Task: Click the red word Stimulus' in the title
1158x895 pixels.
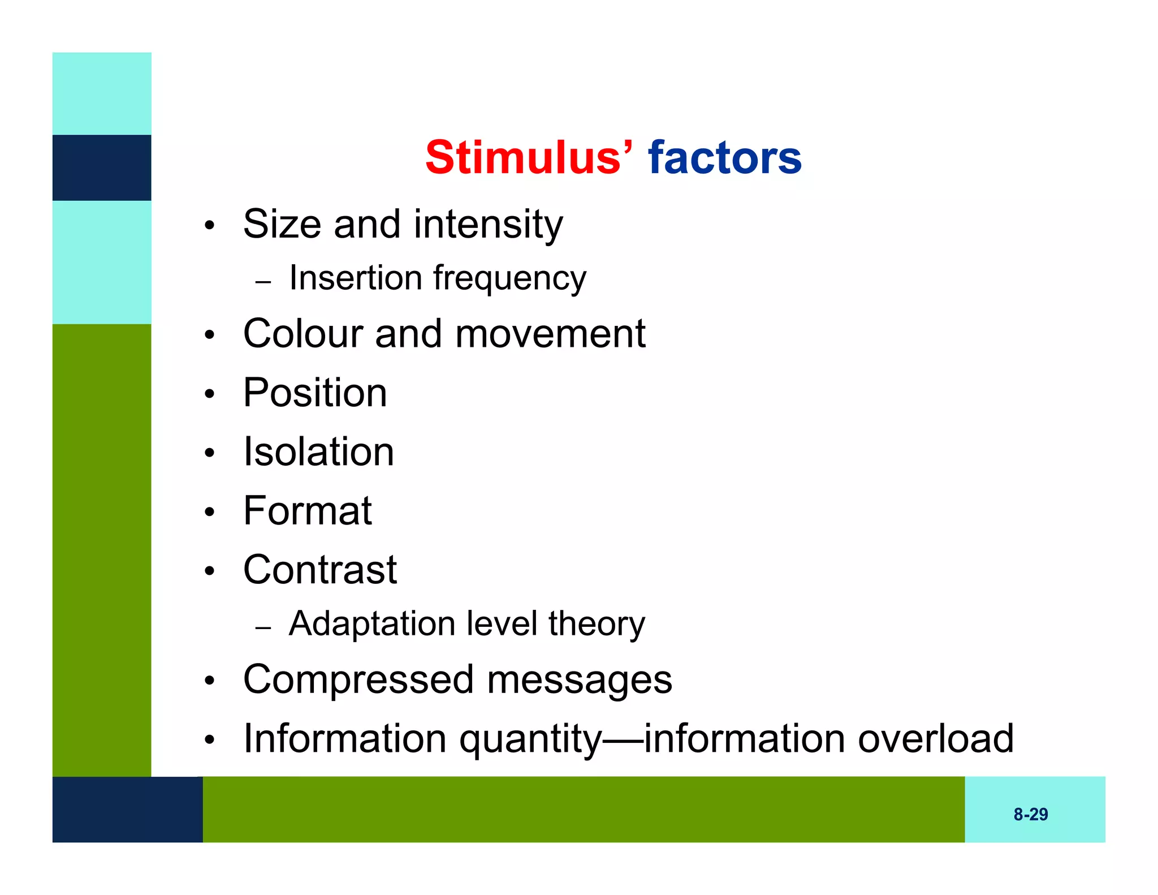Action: coord(529,157)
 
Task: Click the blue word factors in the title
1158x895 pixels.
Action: coord(724,157)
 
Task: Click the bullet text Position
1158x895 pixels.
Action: coord(315,393)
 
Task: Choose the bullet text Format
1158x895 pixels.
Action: coord(307,510)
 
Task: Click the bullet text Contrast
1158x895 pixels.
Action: coord(319,569)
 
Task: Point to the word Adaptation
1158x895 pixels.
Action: coord(371,624)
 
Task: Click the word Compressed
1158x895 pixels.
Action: coord(358,679)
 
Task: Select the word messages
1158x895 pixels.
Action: coord(579,679)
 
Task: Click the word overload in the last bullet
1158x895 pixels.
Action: coord(935,738)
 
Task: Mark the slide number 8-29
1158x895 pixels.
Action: coord(1030,814)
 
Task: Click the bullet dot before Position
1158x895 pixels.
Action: coord(210,394)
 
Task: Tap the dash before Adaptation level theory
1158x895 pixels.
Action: coord(263,627)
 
